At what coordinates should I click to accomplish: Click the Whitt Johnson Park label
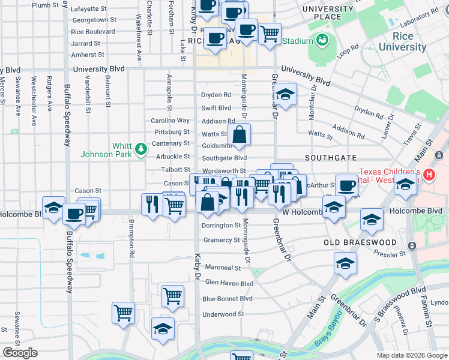(x=107, y=150)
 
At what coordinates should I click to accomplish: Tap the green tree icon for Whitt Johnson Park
(x=140, y=148)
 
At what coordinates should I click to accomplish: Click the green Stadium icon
(x=322, y=41)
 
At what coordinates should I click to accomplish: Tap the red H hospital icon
(x=429, y=175)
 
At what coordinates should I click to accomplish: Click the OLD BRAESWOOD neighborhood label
(x=360, y=242)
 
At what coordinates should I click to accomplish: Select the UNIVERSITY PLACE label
(x=328, y=13)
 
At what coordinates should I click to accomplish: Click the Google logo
(x=20, y=353)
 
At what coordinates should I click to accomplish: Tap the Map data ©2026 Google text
(x=412, y=355)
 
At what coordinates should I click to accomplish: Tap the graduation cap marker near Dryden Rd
(x=285, y=94)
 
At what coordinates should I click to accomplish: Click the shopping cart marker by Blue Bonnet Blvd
(x=172, y=295)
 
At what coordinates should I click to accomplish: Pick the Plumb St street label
(x=45, y=5)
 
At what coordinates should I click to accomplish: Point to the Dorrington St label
(x=221, y=226)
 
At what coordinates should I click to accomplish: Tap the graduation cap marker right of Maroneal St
(x=345, y=263)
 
